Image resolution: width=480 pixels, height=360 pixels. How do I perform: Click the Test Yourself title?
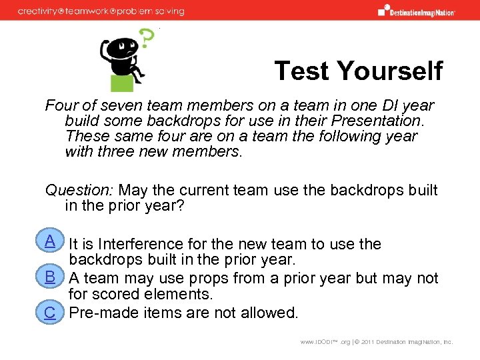coord(358,70)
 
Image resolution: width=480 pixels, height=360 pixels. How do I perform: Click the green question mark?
coord(145,41)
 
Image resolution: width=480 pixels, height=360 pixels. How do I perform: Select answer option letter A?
coord(49,241)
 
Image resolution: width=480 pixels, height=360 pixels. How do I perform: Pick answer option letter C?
coord(49,312)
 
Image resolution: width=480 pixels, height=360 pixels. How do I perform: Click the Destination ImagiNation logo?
coord(416,11)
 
